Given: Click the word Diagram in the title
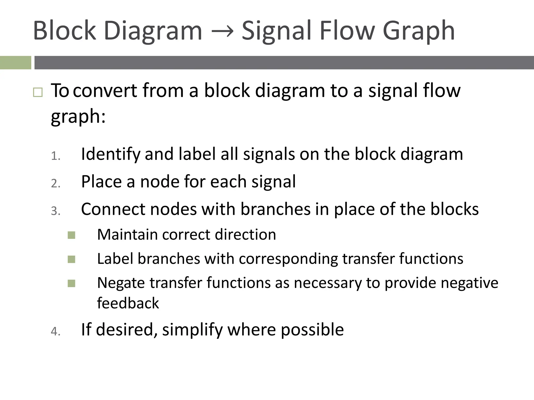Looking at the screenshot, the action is tap(153, 31).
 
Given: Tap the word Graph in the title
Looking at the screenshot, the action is tap(418, 31).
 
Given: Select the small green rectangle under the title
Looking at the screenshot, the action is tap(15, 63).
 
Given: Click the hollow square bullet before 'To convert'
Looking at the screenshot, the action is tap(38, 92).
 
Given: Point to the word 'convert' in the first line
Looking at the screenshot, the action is tap(105, 91).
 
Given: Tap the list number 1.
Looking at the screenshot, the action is tap(56, 156).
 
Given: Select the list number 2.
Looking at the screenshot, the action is tap(56, 184).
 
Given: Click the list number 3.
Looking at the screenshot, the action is tap(56, 211).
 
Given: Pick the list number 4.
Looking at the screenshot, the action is tap(56, 332).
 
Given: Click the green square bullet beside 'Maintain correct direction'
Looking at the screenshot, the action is tap(71, 235).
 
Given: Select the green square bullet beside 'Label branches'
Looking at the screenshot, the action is tap(71, 259).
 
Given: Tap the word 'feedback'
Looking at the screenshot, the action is tap(128, 303).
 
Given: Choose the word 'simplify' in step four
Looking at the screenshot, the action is tap(192, 330).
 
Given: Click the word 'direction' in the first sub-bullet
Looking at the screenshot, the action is tap(245, 235).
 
